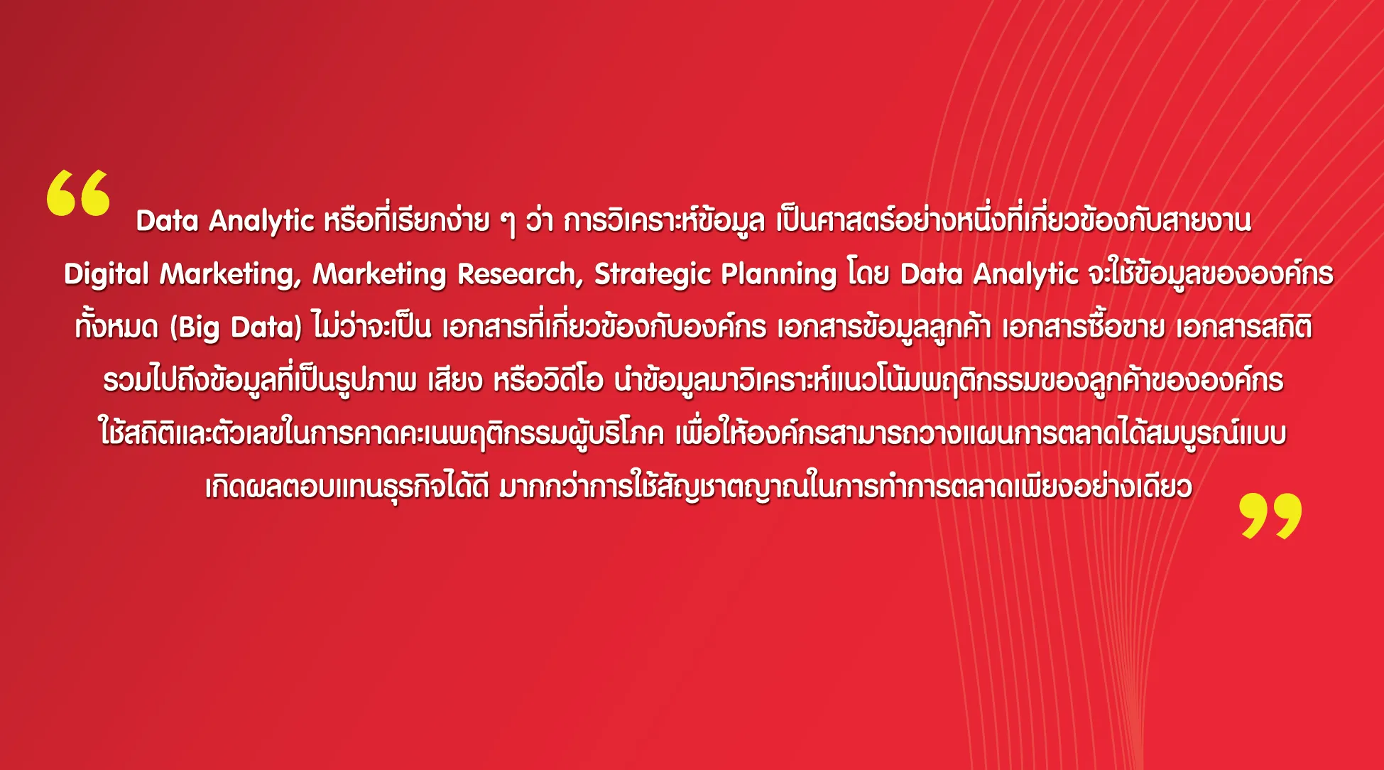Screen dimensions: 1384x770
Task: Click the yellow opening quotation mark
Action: pyautogui.click(x=78, y=192)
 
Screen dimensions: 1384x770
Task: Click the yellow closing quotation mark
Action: pyautogui.click(x=1270, y=516)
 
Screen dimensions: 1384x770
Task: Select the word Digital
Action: pyautogui.click(x=107, y=275)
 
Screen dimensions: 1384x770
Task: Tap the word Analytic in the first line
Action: pyautogui.click(x=261, y=221)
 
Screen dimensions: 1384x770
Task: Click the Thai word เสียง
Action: pyautogui.click(x=455, y=380)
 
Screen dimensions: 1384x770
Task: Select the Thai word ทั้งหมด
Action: pyautogui.click(x=116, y=327)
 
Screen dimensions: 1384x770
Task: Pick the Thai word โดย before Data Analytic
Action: pyautogui.click(x=868, y=273)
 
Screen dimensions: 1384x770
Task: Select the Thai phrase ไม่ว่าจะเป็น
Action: pyautogui.click(x=371, y=327)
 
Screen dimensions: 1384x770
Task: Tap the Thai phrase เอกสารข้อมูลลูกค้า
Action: pyautogui.click(x=884, y=327)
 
